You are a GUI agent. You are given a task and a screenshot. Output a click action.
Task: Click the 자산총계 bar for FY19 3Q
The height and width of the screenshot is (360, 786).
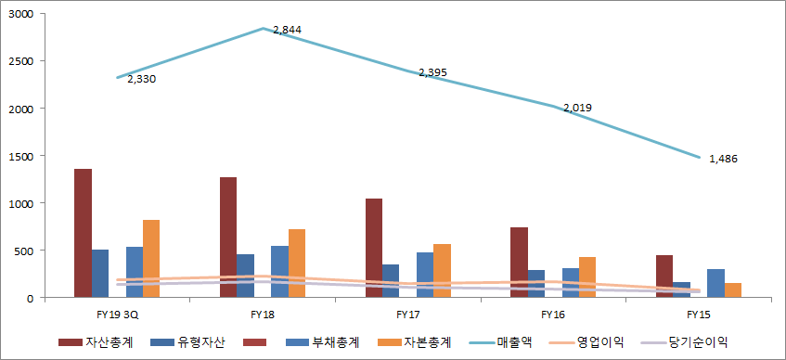[83, 233]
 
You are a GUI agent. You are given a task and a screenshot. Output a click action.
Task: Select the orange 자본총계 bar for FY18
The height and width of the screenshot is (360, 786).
[297, 263]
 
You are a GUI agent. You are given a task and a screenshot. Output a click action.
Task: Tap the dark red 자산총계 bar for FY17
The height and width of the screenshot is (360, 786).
[374, 248]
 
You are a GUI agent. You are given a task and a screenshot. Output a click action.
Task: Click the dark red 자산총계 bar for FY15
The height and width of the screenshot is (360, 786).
[664, 276]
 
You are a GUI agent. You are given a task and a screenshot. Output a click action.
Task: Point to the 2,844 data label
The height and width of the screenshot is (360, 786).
[287, 30]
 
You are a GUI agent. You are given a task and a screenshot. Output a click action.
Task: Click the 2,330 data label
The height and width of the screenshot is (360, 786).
[142, 79]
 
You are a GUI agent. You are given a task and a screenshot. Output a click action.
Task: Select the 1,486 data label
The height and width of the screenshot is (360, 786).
[723, 159]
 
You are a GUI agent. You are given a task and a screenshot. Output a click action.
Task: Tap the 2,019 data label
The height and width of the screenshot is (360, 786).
[577, 108]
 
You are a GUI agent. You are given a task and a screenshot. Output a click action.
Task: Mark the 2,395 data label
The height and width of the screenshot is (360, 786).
[432, 72]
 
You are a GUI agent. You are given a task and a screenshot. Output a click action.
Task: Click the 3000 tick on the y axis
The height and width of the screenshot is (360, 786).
[20, 15]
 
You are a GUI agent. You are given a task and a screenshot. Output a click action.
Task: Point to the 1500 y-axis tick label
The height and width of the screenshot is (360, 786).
[20, 156]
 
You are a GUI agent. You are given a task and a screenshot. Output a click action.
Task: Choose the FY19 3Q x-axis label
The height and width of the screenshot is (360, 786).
[117, 315]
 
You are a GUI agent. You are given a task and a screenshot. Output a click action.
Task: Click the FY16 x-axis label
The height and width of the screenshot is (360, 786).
[553, 315]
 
